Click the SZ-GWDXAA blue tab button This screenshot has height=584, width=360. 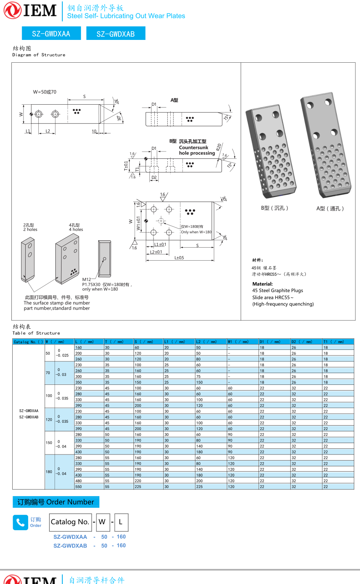coord(51,34)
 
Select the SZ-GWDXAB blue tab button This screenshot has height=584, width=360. coord(116,34)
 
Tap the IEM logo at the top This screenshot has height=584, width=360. coord(31,11)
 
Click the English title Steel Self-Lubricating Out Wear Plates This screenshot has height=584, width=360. coord(126,16)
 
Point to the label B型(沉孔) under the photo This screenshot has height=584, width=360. coord(274,208)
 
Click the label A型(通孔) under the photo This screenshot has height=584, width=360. coord(330,209)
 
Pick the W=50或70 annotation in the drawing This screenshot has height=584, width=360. coord(45,92)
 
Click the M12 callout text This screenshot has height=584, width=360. coord(87,279)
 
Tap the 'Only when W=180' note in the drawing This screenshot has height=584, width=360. coord(196,232)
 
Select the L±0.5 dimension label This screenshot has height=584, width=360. coord(179,258)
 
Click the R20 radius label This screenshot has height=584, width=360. coord(219,147)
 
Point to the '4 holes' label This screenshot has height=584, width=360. coord(76,230)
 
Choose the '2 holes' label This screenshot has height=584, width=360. coord(30,230)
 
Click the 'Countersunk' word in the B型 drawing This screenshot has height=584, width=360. coord(193,147)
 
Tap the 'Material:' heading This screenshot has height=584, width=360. coord(262,284)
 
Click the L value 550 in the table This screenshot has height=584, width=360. coord(79,487)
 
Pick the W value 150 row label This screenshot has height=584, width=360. coord(49,443)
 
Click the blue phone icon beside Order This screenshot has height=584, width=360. coord(20,523)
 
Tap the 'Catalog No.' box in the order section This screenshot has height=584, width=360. coord(70,522)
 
